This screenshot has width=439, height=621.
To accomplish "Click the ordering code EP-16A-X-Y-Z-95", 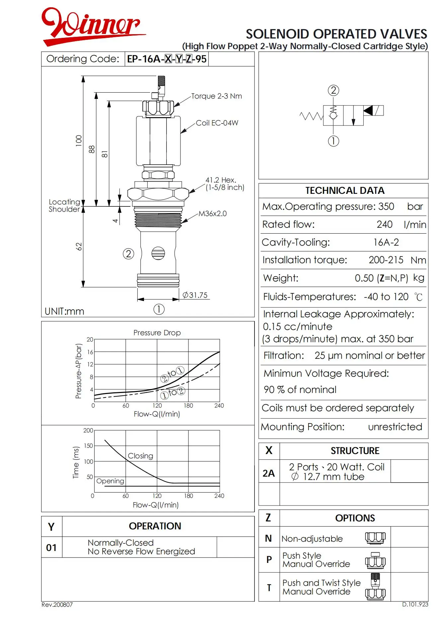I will (x=167, y=59).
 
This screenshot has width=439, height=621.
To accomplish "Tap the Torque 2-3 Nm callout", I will (x=216, y=96).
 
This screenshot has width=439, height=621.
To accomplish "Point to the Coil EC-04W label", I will (x=217, y=123).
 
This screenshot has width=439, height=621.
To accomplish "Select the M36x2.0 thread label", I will (x=212, y=214).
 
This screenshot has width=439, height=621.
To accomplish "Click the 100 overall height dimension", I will (x=79, y=141).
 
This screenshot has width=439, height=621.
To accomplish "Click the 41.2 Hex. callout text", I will (x=221, y=180).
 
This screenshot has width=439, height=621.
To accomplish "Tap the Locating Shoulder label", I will (x=64, y=206).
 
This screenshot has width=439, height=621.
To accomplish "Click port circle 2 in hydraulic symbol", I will (x=333, y=90).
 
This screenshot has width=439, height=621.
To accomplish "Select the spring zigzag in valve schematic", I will (x=311, y=116).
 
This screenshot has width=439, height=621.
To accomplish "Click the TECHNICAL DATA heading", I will (x=345, y=191).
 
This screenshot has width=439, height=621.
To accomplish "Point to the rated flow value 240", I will (x=384, y=225).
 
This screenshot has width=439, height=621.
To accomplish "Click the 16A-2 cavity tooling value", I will (x=386, y=243).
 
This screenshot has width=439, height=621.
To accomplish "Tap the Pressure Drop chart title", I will (x=157, y=333).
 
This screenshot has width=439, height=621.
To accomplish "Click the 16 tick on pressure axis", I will (x=90, y=352).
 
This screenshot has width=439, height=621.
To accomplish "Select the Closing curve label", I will (x=140, y=456).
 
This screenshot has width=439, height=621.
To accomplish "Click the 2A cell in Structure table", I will (x=269, y=473).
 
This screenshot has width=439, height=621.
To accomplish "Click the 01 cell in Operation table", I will (x=51, y=547).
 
